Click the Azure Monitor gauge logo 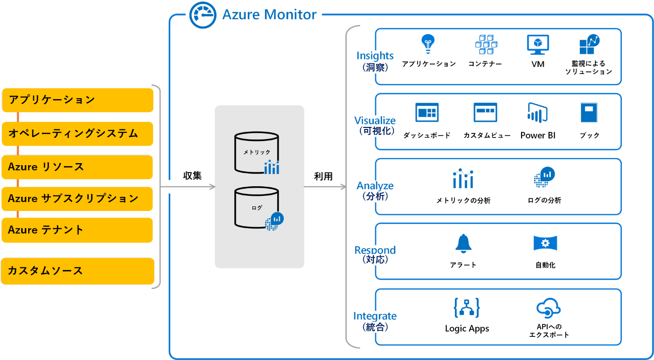(203, 15)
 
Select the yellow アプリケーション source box (78, 100)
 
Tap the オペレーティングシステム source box (78, 134)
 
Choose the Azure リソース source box (78, 167)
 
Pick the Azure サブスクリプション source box (78, 199)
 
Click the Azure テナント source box (78, 230)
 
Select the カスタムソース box (78, 271)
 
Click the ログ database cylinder (256, 207)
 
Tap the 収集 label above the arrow (192, 176)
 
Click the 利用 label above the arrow (323, 176)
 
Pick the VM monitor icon (538, 44)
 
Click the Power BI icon (538, 112)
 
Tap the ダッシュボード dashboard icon (427, 113)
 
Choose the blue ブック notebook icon (588, 113)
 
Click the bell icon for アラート (463, 244)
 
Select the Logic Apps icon (467, 308)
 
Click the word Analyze (375, 186)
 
